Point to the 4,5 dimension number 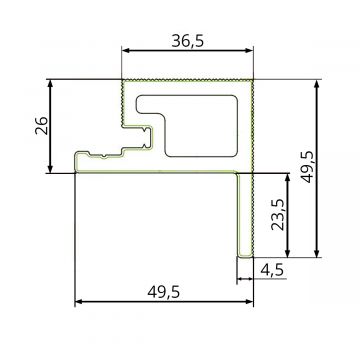(x=271, y=269)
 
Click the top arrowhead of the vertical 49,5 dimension (x=318, y=83)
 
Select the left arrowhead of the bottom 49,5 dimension (x=79, y=301)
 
